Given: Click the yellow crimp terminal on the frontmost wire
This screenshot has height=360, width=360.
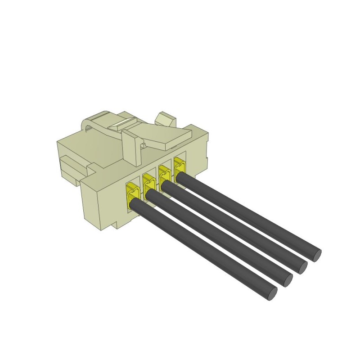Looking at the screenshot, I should click(x=133, y=193).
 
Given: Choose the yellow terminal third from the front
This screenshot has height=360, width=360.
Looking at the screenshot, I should click(x=164, y=175).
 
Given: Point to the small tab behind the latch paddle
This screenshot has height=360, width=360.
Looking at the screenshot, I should click(x=166, y=119).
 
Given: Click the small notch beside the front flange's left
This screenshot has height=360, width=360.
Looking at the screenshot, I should click(x=92, y=170).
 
